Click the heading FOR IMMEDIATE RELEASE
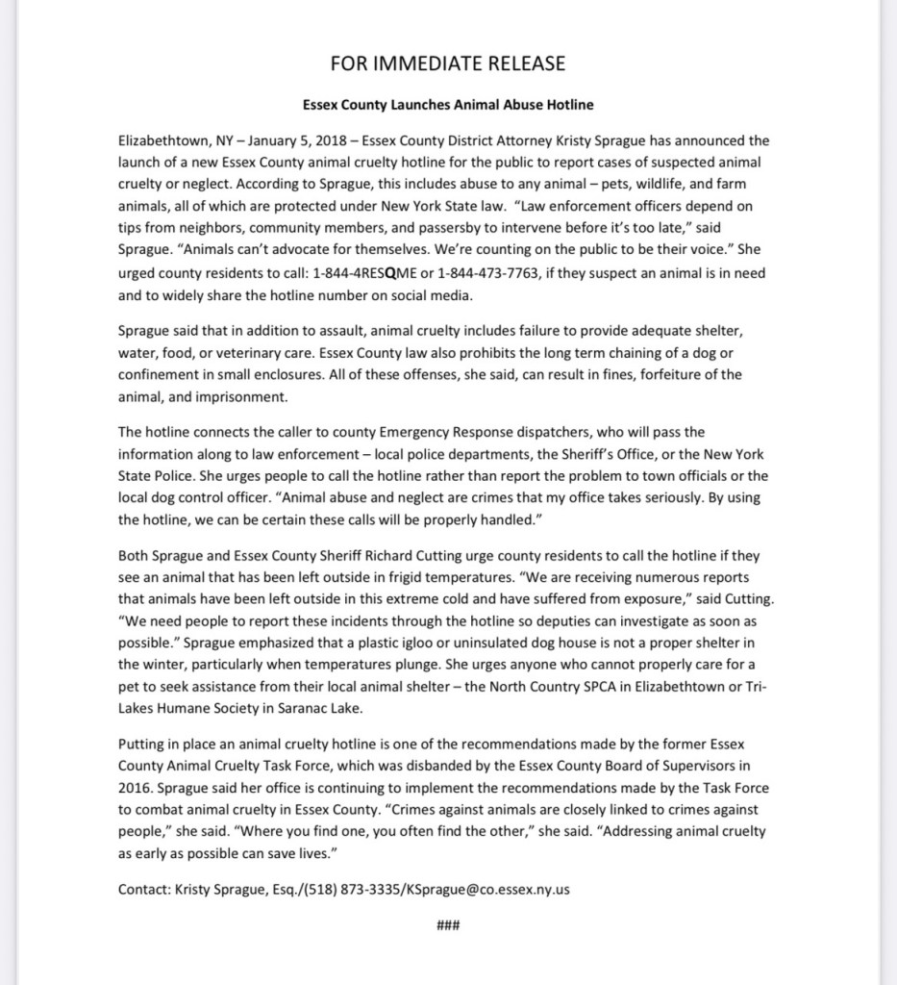tap(448, 64)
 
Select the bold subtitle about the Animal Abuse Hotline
tap(448, 104)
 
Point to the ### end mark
tap(448, 926)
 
